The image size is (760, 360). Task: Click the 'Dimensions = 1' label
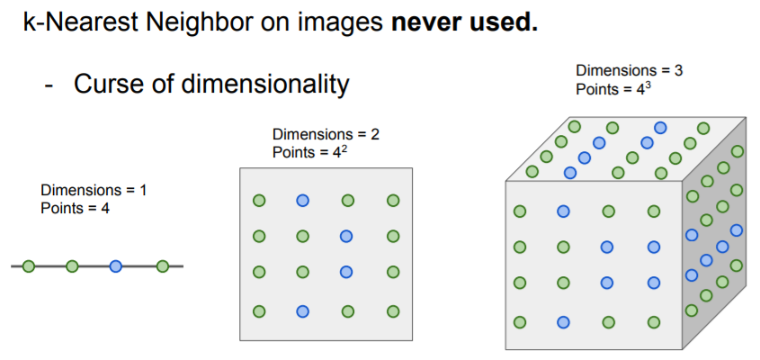point(93,191)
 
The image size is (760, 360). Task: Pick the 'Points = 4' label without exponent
point(75,208)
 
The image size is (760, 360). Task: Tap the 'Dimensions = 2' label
point(326,135)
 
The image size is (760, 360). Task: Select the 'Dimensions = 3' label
point(630,70)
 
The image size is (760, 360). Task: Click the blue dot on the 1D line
point(116,266)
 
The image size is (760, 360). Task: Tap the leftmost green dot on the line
point(29,266)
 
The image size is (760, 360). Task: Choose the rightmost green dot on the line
point(163,266)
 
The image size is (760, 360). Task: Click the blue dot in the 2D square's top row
point(303,201)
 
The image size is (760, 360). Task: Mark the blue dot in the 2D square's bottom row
point(303,311)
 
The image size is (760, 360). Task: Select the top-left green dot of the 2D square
point(259,201)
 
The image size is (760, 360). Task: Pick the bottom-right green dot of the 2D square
point(392,311)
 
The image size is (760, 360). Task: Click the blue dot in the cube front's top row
point(564,211)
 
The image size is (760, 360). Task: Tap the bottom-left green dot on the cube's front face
point(519,321)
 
